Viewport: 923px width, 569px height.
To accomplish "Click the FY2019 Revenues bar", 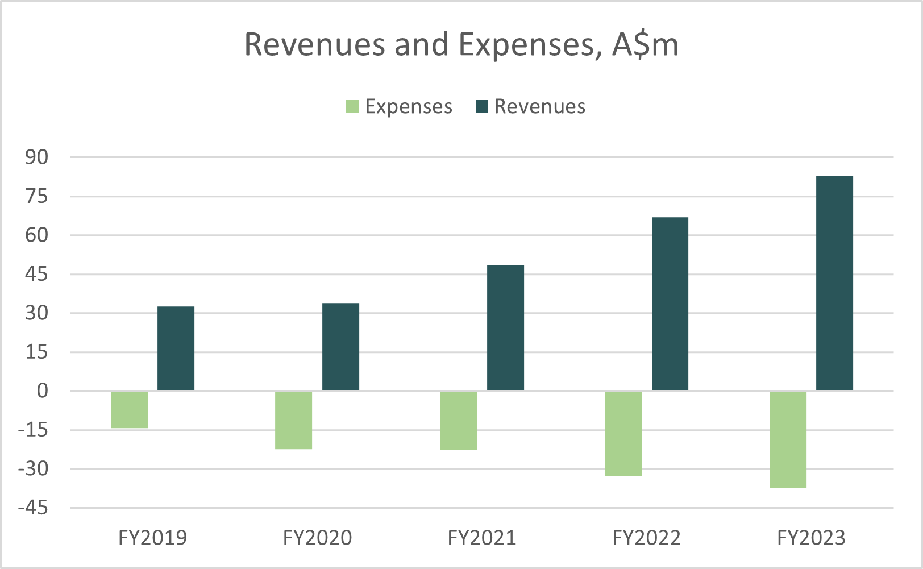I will tap(176, 348).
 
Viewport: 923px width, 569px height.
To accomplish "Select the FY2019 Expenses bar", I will tap(129, 409).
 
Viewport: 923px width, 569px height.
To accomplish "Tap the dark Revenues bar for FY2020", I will tap(340, 347).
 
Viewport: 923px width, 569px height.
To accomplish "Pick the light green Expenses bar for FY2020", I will tap(293, 420).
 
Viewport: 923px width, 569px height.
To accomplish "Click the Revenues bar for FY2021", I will tap(505, 328).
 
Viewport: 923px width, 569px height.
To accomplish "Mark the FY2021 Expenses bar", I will tap(458, 420).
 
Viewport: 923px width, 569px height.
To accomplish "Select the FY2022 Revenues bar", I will tap(670, 304).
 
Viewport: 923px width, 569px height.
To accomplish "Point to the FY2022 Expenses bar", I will tap(623, 433).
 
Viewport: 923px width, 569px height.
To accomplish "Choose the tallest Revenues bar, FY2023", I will tap(834, 283).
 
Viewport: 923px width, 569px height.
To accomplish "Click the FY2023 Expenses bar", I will tap(788, 439).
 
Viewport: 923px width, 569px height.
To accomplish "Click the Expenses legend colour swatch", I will tap(352, 107).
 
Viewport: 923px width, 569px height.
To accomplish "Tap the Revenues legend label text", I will tap(539, 107).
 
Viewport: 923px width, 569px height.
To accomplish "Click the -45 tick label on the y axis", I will tap(33, 508).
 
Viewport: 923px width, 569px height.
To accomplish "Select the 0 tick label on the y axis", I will tap(43, 391).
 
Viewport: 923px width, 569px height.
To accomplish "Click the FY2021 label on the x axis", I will tap(482, 538).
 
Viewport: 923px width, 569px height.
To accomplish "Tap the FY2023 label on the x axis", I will tap(811, 538).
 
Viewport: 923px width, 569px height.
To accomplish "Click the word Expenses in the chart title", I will tap(529, 45).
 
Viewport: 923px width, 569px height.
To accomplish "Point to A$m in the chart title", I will tap(645, 45).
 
